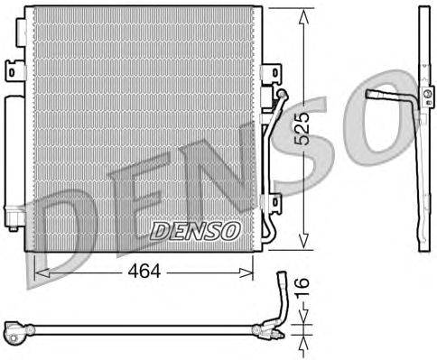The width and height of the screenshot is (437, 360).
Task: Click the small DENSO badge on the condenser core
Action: [x=194, y=231]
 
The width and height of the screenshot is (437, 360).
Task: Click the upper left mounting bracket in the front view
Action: [x=14, y=69]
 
